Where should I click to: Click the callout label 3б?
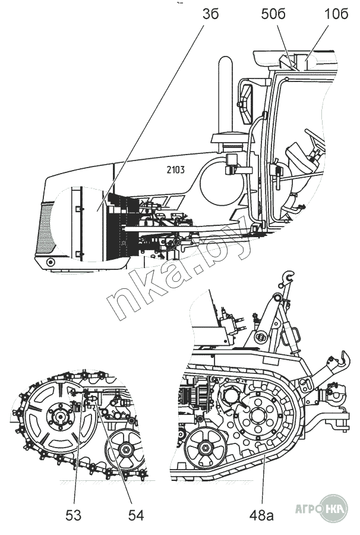(x=210, y=14)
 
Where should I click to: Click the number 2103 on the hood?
(x=172, y=169)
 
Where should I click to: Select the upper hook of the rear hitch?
(x=289, y=276)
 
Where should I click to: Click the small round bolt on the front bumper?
(x=50, y=262)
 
